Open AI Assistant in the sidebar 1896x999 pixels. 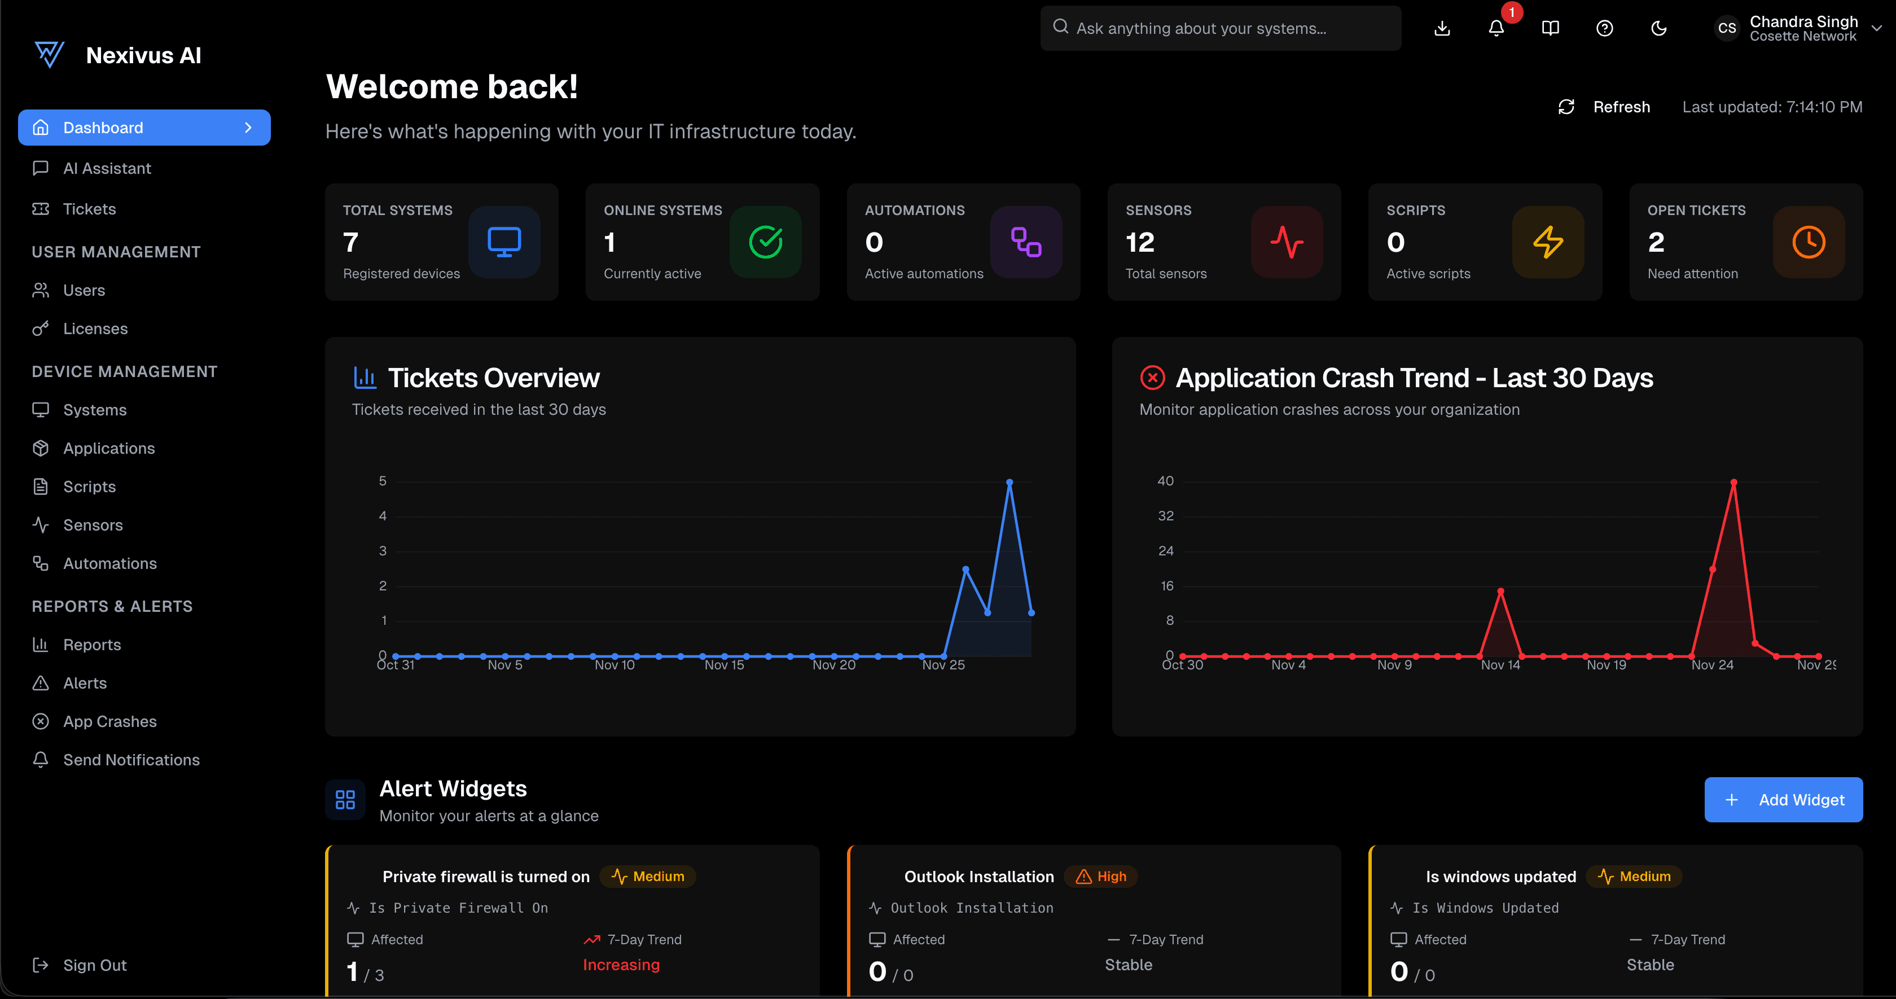point(107,169)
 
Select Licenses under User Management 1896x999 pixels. point(95,328)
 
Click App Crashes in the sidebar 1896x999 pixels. point(109,721)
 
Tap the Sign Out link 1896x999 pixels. point(94,965)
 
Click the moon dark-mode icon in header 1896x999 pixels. point(1658,28)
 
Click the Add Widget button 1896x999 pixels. point(1783,800)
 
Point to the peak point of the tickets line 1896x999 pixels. point(1009,482)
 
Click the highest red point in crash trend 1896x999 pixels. point(1733,482)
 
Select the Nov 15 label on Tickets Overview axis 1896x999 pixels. point(723,665)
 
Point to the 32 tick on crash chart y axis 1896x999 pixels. point(1165,516)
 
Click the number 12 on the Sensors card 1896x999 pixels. point(1139,242)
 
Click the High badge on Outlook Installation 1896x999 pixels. point(1102,876)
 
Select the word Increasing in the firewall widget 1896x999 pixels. point(621,965)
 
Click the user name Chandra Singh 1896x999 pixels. point(1803,21)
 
